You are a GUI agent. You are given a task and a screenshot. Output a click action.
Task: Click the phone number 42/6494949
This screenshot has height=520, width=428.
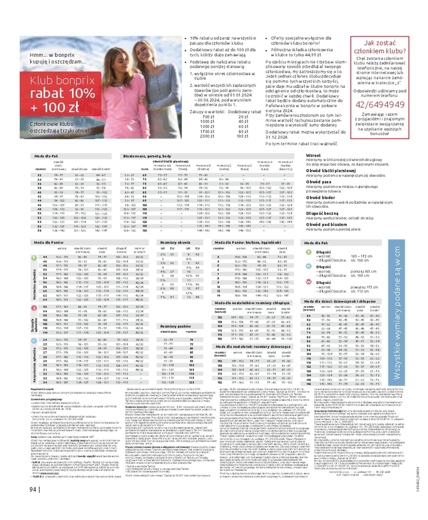click(x=380, y=104)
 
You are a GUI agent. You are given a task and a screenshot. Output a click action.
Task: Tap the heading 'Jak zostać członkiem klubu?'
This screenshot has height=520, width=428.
click(x=380, y=47)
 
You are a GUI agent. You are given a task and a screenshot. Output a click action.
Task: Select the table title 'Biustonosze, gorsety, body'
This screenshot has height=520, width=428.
click(x=147, y=156)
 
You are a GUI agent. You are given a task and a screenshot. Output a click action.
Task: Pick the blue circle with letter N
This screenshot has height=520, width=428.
click(x=309, y=266)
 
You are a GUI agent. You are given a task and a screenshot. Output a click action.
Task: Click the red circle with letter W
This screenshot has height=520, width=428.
click(x=309, y=282)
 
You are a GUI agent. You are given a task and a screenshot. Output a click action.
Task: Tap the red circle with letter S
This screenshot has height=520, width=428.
click(x=34, y=308)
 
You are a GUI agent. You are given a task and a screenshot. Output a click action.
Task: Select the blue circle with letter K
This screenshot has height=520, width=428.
click(x=34, y=341)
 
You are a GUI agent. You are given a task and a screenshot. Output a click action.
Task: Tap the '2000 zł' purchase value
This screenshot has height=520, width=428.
click(x=207, y=136)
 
